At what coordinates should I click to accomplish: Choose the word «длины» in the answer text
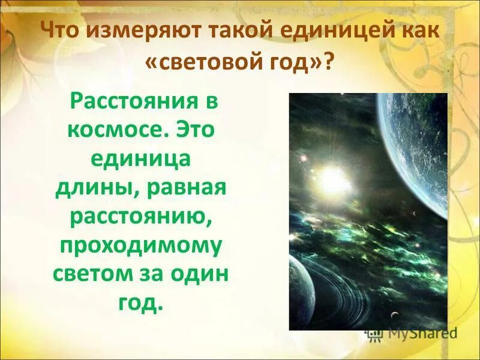click(88, 188)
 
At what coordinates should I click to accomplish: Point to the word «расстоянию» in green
click(140, 216)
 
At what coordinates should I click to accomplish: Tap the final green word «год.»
click(142, 302)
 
